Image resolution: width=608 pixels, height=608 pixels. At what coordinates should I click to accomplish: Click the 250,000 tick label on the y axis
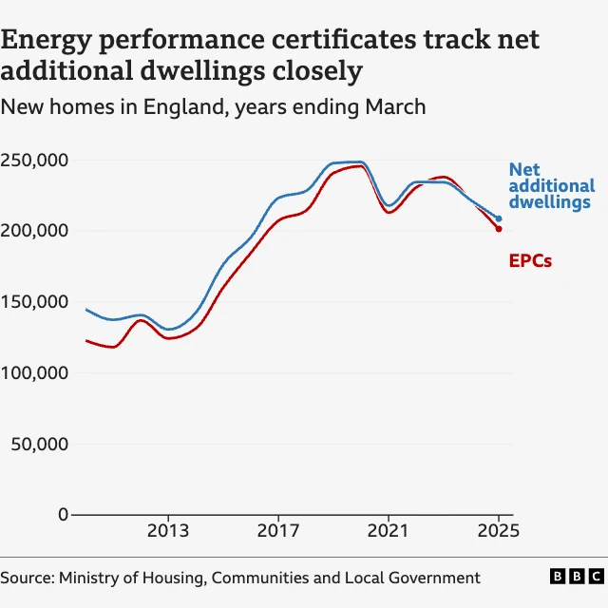34,160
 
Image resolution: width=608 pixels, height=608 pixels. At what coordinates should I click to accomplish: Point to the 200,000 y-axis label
34,231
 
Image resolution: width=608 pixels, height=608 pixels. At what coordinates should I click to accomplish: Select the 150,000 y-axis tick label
34,302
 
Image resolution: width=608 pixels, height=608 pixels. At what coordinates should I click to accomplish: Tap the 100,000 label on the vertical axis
34,373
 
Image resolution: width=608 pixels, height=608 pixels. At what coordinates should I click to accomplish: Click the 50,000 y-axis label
39,444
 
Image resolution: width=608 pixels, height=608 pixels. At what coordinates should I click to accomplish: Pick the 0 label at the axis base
63,515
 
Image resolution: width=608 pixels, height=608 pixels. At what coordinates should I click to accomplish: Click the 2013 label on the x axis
168,530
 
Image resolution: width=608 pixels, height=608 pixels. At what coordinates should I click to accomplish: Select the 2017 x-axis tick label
278,530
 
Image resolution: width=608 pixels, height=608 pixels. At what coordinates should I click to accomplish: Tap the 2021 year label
389,530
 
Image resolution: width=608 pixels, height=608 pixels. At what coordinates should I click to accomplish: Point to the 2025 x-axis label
499,530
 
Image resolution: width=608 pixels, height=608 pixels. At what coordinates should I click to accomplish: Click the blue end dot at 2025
499,218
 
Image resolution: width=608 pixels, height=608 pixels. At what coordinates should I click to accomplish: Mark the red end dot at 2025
499,229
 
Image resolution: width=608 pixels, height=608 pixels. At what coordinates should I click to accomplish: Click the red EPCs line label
530,260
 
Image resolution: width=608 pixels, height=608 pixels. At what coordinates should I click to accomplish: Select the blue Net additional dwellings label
551,186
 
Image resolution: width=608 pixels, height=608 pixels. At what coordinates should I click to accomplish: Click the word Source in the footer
27,578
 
